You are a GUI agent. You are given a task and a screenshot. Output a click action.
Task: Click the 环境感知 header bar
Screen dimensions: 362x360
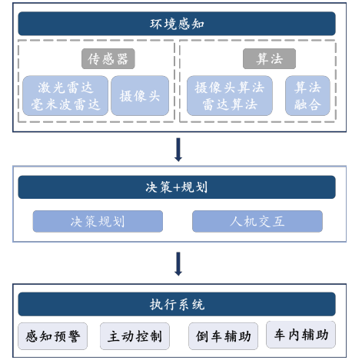tap(177, 24)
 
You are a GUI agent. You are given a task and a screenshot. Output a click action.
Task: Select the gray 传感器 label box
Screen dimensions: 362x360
tap(108, 58)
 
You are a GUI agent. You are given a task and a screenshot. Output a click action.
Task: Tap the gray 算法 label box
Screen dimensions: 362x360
tap(269, 58)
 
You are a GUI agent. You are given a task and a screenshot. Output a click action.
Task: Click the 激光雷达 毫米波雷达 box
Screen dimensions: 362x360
tap(65, 95)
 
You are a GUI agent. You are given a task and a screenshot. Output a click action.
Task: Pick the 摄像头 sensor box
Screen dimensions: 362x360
tap(140, 95)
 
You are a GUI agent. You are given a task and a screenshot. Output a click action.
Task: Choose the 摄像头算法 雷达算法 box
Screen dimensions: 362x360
tap(230, 95)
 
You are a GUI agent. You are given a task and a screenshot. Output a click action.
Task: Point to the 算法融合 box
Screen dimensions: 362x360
tap(307, 95)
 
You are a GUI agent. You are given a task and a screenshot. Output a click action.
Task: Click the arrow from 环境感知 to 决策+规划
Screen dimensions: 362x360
tap(178, 150)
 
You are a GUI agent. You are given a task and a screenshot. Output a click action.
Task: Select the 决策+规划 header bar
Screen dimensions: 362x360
tap(177, 187)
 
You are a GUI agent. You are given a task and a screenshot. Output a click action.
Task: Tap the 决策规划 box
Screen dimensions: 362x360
tap(98, 221)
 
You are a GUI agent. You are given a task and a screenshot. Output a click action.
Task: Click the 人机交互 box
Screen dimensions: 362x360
tap(257, 221)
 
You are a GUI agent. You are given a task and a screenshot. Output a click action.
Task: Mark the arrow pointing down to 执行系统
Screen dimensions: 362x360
tap(178, 264)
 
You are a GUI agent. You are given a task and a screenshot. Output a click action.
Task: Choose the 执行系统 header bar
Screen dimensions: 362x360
tap(177, 304)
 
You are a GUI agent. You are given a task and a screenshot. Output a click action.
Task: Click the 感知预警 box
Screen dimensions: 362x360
tap(53, 336)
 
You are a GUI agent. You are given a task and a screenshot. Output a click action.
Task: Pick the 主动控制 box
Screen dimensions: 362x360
tap(135, 336)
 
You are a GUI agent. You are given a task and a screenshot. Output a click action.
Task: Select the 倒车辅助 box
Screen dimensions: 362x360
tap(223, 336)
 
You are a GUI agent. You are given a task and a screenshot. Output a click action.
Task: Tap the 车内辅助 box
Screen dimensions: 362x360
tap(301, 335)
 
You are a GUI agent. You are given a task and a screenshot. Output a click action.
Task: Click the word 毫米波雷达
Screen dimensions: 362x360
tap(65, 104)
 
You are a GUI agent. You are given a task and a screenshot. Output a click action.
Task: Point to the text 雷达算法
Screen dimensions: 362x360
tap(230, 104)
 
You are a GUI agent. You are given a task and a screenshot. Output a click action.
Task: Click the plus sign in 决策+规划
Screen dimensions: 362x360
tap(177, 187)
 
